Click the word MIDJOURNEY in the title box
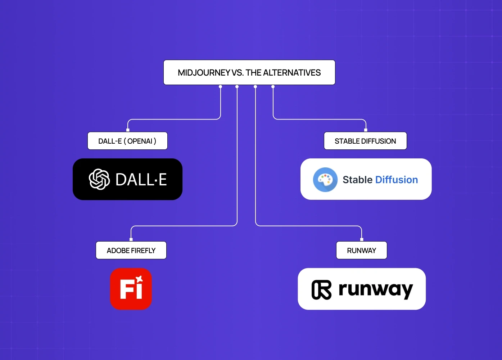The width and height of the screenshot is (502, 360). click(204, 73)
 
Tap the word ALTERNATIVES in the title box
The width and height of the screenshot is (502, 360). click(292, 73)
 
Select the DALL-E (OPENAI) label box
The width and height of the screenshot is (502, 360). click(127, 141)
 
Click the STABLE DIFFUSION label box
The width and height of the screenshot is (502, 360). click(365, 141)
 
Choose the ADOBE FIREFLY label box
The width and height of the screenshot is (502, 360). click(131, 251)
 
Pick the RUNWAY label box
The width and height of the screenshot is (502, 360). click(361, 251)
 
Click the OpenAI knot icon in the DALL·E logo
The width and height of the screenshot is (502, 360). click(99, 179)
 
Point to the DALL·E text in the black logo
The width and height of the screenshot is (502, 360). click(141, 180)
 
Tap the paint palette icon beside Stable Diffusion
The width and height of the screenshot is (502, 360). click(325, 180)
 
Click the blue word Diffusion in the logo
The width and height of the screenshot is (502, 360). click(397, 180)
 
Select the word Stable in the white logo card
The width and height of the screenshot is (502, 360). click(357, 180)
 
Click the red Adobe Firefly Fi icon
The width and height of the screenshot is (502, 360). click(131, 289)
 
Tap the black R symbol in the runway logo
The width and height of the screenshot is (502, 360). click(321, 290)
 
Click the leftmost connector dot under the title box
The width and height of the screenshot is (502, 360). click(221, 87)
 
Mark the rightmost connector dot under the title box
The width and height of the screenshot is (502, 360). click(273, 87)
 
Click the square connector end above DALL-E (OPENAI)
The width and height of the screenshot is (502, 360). click(128, 130)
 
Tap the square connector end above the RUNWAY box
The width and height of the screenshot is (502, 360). click(362, 239)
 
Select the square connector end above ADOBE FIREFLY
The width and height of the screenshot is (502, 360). click(131, 239)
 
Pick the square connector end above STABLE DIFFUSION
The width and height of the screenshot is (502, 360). click(366, 130)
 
